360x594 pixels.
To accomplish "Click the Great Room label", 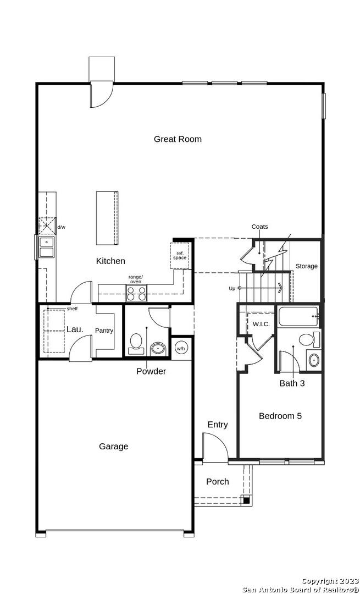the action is click(178, 139).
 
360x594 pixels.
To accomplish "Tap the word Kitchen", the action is click(110, 261).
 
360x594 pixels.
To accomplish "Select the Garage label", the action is click(114, 447).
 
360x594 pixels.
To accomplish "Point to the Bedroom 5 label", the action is click(280, 416).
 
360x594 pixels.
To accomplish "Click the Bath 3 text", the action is click(292, 383).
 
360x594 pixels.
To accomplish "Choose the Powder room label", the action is click(151, 371).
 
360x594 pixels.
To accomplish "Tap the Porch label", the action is click(217, 481).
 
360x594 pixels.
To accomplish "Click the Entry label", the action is click(217, 425).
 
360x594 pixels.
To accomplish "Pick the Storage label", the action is click(307, 266).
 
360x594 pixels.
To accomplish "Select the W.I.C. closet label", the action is click(261, 324).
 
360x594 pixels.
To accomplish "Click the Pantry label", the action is click(104, 331).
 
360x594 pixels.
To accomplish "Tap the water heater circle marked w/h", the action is click(180, 348).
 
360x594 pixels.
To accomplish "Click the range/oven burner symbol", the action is click(136, 293).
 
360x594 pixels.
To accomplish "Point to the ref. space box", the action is click(180, 255).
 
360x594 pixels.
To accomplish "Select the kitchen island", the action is click(107, 218).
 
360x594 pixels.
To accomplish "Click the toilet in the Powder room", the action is click(136, 342).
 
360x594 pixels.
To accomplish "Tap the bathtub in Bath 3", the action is click(297, 316).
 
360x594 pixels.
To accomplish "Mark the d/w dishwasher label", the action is click(62, 227).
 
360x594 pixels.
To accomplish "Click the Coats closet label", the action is click(259, 227).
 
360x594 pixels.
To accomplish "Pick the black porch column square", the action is click(246, 501).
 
